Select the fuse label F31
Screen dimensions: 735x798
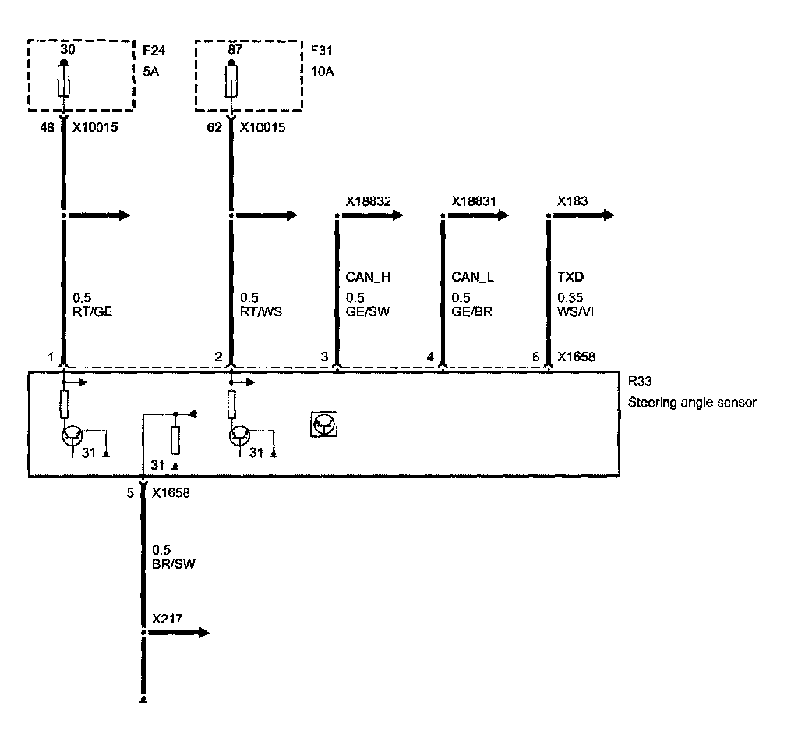point(320,53)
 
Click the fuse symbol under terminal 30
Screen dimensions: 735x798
point(63,81)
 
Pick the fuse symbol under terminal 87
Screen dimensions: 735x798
point(231,81)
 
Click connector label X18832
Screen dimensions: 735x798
point(368,201)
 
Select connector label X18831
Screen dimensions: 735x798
point(474,201)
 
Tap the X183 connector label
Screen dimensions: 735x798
point(572,201)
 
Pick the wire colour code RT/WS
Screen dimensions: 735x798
point(260,312)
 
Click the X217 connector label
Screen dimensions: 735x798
point(167,619)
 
